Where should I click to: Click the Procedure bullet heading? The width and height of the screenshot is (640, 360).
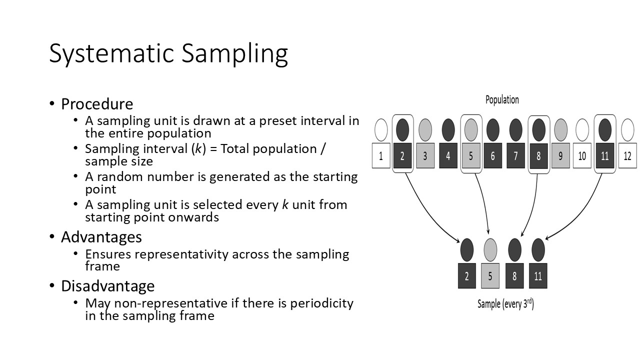coord(97,104)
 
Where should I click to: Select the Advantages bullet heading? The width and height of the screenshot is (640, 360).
coord(101,236)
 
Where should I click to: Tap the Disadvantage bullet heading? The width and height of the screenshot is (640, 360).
coord(107,286)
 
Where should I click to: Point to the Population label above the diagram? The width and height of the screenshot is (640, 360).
coord(502,99)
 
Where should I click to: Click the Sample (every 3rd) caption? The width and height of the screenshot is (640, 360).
coord(505,303)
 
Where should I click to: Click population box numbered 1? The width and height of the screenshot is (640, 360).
coord(381,155)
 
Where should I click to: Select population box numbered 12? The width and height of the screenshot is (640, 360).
coord(627,155)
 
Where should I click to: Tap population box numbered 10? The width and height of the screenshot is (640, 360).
coord(582,155)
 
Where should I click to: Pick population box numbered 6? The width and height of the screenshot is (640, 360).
coord(492,155)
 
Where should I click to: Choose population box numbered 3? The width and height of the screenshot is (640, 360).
coord(425,155)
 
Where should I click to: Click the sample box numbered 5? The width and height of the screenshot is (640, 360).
coord(490,276)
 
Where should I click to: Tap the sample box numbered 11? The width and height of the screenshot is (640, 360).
coord(538,276)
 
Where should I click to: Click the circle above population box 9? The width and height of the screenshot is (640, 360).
coord(560,130)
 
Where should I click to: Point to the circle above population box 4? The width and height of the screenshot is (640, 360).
coord(448,130)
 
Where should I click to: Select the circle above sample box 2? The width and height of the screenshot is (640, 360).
coord(466,249)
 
